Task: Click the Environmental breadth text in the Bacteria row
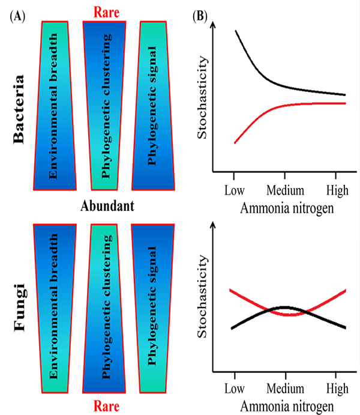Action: tap(55, 107)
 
